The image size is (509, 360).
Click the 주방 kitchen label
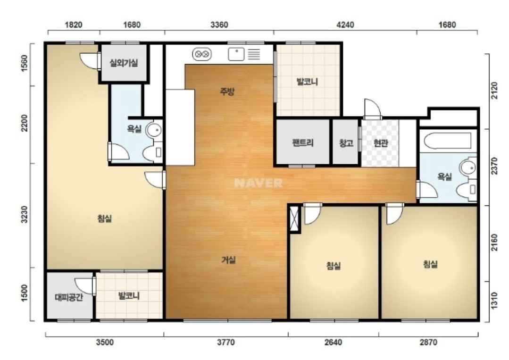coord(227,92)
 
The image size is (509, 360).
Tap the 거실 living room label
coord(228,260)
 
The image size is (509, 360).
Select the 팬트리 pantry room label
coord(302,142)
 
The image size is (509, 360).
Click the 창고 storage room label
coord(346,143)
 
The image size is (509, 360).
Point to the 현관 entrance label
coord(380,143)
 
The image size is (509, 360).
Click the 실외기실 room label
coord(124,63)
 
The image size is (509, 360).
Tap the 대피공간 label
coord(69,297)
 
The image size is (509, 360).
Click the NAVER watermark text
coord(259,183)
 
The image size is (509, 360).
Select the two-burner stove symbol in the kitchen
coord(202,54)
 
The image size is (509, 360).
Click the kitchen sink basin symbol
coord(236,54)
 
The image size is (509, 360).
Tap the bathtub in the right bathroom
coord(448,141)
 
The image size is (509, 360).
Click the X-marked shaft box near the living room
coord(294,219)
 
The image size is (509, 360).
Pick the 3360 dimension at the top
coord(219,25)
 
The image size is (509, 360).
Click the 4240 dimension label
coord(345,25)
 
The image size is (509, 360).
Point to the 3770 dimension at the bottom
coord(225,342)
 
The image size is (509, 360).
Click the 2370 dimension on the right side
coord(494,166)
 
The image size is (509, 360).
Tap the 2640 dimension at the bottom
coord(334,342)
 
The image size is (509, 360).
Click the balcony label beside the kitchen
coord(307,82)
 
